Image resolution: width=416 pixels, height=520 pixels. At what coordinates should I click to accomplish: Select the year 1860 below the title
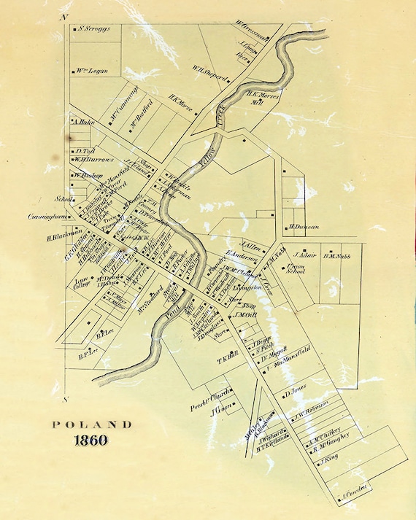tap(91, 440)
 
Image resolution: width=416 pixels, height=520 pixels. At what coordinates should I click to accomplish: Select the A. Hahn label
tap(85, 123)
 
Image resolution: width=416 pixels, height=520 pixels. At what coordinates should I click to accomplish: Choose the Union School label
tap(298, 268)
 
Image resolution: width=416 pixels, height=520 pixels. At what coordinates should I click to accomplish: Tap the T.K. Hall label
tap(228, 357)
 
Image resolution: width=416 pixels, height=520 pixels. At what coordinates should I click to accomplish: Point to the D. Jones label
tap(295, 392)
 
